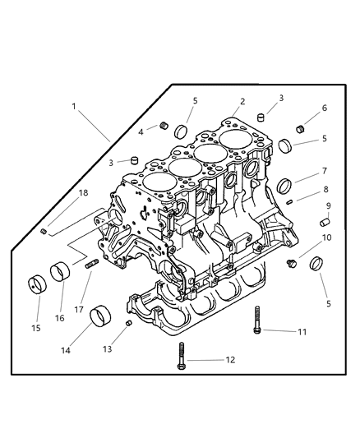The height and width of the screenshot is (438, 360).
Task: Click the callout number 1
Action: pyautogui.click(x=74, y=106)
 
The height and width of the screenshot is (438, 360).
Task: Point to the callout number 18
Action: pyautogui.click(x=82, y=193)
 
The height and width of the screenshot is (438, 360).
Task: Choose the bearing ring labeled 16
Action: pyautogui.click(x=62, y=272)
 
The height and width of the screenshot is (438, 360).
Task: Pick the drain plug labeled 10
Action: pyautogui.click(x=290, y=262)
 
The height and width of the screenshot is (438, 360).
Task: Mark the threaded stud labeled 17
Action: pyautogui.click(x=91, y=265)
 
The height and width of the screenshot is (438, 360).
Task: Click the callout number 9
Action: pyautogui.click(x=328, y=205)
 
